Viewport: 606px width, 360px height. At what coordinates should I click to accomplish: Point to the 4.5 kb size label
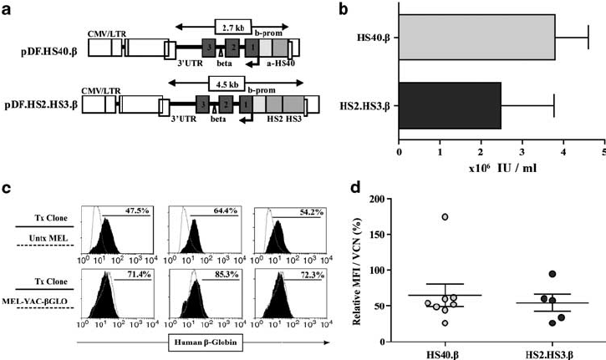coord(227,85)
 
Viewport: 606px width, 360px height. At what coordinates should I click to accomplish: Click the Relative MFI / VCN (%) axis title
coord(362,270)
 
